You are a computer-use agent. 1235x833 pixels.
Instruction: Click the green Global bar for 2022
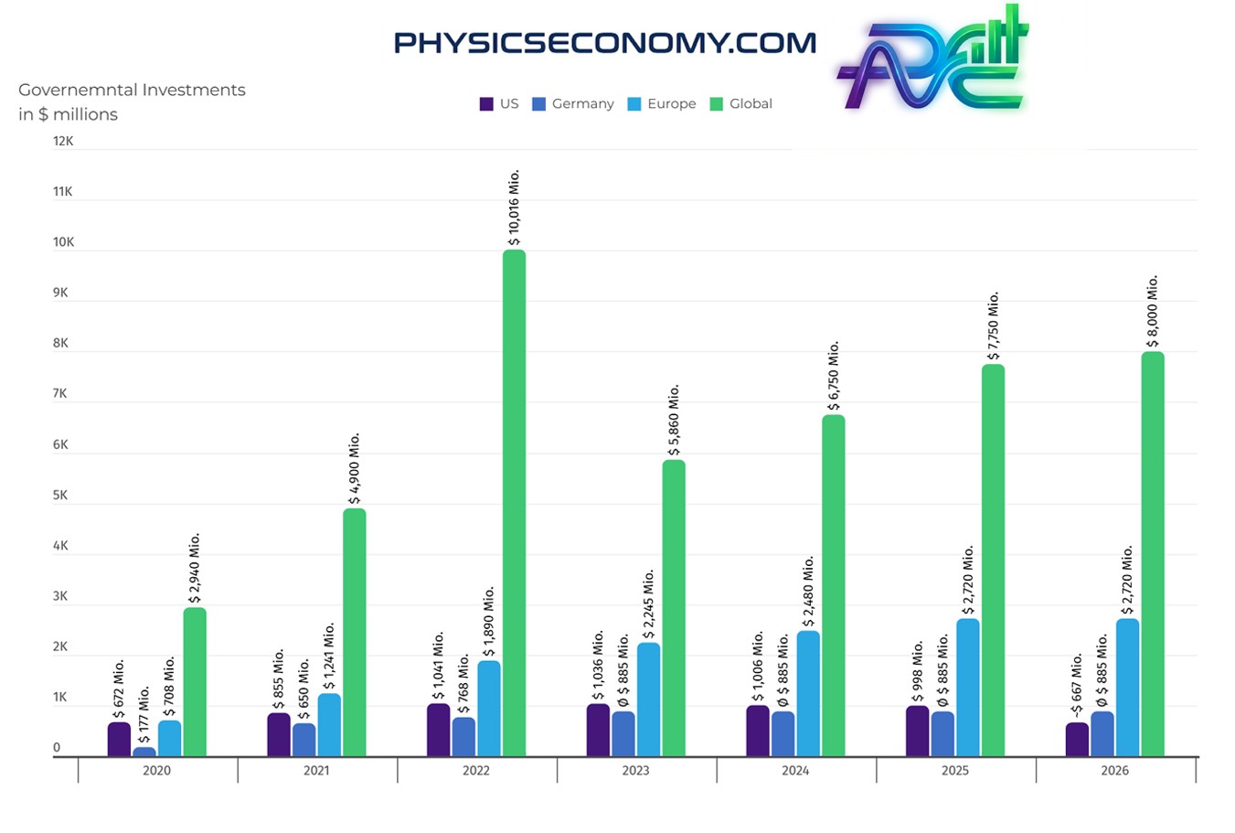514,503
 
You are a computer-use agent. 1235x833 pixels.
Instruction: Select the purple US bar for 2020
119,739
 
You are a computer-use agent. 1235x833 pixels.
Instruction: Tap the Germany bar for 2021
304,740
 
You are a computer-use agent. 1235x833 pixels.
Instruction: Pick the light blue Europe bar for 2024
808,693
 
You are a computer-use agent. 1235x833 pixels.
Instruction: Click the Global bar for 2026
1153,553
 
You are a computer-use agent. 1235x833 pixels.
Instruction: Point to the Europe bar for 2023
648,700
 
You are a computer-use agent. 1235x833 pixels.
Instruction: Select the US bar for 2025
917,731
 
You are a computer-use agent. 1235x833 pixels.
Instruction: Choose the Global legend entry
741,104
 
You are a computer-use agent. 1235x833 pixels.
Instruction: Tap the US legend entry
499,104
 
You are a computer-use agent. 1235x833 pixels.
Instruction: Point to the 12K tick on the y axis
63,142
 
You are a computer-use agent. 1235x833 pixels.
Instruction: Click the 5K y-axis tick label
60,496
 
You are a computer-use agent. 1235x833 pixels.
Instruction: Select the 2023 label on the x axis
635,771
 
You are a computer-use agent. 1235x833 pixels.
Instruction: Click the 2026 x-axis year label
1114,771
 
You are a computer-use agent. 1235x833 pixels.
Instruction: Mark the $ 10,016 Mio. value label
514,208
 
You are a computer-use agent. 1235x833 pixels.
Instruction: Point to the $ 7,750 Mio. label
994,326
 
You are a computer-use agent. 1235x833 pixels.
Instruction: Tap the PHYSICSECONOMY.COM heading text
604,43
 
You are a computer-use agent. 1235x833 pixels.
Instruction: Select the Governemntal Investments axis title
132,101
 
